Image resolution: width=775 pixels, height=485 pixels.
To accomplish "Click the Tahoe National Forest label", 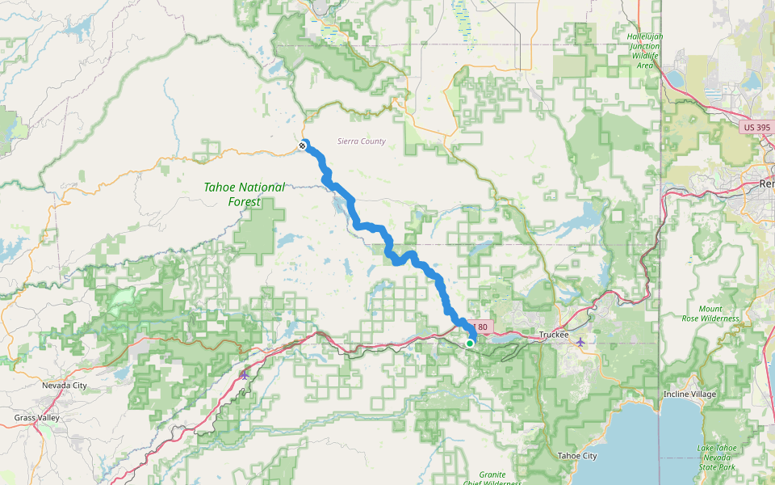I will [x=244, y=193].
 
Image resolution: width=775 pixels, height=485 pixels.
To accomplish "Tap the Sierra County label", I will [x=361, y=141].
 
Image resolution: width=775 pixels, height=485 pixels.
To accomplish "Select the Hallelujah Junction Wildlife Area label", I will [x=644, y=50].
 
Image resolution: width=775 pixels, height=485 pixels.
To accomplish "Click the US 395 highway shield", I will [x=756, y=127].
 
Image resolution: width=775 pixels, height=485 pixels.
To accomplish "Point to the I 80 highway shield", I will [x=482, y=327].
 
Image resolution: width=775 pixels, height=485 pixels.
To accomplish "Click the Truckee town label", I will [x=554, y=335].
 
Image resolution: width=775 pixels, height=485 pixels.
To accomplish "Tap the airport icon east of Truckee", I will [x=580, y=342].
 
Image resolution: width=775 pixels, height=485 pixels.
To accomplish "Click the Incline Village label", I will [x=689, y=394].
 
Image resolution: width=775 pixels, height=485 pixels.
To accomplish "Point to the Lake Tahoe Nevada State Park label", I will [x=716, y=458].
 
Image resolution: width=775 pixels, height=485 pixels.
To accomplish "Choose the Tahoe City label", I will [x=577, y=456].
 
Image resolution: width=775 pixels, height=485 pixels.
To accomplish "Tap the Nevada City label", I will [x=64, y=386].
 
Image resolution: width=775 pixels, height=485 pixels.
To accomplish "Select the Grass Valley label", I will [x=36, y=418].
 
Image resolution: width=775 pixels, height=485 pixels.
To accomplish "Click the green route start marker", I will [x=470, y=344].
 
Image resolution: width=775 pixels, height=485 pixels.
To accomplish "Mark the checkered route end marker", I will [x=302, y=145].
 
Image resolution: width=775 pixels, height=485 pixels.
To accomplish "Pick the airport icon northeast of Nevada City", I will [x=245, y=374].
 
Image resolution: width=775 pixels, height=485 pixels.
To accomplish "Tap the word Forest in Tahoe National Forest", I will [x=245, y=201].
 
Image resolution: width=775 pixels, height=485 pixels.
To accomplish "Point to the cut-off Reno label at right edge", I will [x=766, y=184].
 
